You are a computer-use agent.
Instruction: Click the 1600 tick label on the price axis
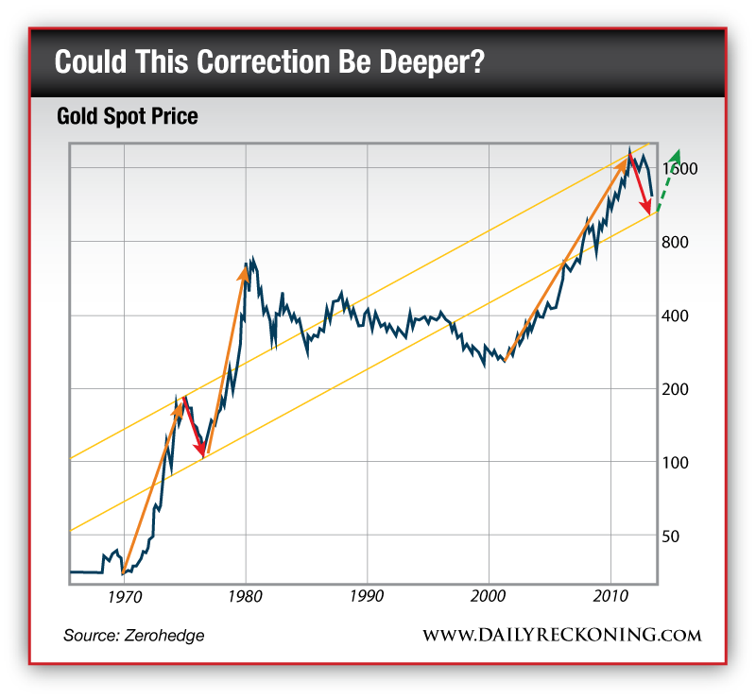click(681, 168)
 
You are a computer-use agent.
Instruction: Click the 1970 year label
click(124, 599)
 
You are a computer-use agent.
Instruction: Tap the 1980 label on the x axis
click(246, 599)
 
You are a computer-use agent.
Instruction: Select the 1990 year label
click(367, 599)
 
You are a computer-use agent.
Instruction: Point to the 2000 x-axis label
click(488, 599)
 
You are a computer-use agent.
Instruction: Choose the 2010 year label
click(610, 599)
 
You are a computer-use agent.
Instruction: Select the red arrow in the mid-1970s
click(194, 426)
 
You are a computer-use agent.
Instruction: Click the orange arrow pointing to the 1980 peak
click(228, 358)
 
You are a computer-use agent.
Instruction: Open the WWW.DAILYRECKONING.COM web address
click(561, 635)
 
